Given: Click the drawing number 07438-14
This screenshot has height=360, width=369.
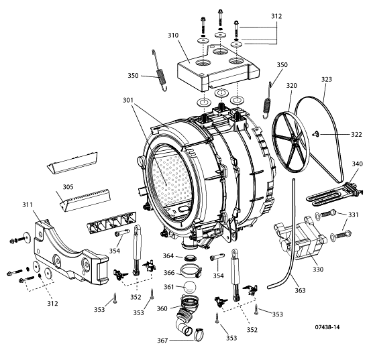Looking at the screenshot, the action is tap(327, 327).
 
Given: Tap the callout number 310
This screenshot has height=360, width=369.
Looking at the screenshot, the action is tap(173, 36).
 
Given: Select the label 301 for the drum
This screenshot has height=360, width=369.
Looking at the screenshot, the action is tap(128, 100).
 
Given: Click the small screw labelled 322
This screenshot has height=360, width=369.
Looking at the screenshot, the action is tap(315, 134).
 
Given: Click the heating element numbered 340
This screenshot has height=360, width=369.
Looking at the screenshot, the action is tap(333, 194).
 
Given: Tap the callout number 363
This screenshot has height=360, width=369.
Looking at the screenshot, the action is tap(300, 291).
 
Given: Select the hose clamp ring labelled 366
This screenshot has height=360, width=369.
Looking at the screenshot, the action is tap(191, 270).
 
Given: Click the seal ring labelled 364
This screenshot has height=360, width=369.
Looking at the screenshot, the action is tap(189, 257).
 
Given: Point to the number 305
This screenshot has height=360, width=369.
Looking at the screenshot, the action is tap(68, 187).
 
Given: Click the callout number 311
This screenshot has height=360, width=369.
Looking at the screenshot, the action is tap(28, 205).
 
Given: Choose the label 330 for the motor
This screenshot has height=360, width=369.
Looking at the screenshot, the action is tap(318, 269).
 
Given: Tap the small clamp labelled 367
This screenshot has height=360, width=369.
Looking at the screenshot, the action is tap(199, 335).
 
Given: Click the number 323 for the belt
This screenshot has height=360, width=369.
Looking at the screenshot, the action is tap(327, 80).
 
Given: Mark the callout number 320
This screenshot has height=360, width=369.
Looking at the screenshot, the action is tap(292, 86).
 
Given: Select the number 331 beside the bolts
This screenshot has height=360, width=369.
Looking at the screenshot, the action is tap(353, 215).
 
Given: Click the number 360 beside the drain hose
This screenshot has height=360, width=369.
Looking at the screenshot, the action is tap(162, 308).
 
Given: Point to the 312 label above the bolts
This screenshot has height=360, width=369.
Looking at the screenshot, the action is tap(276, 16).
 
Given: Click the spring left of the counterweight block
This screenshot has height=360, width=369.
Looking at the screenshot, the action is tap(160, 71).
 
